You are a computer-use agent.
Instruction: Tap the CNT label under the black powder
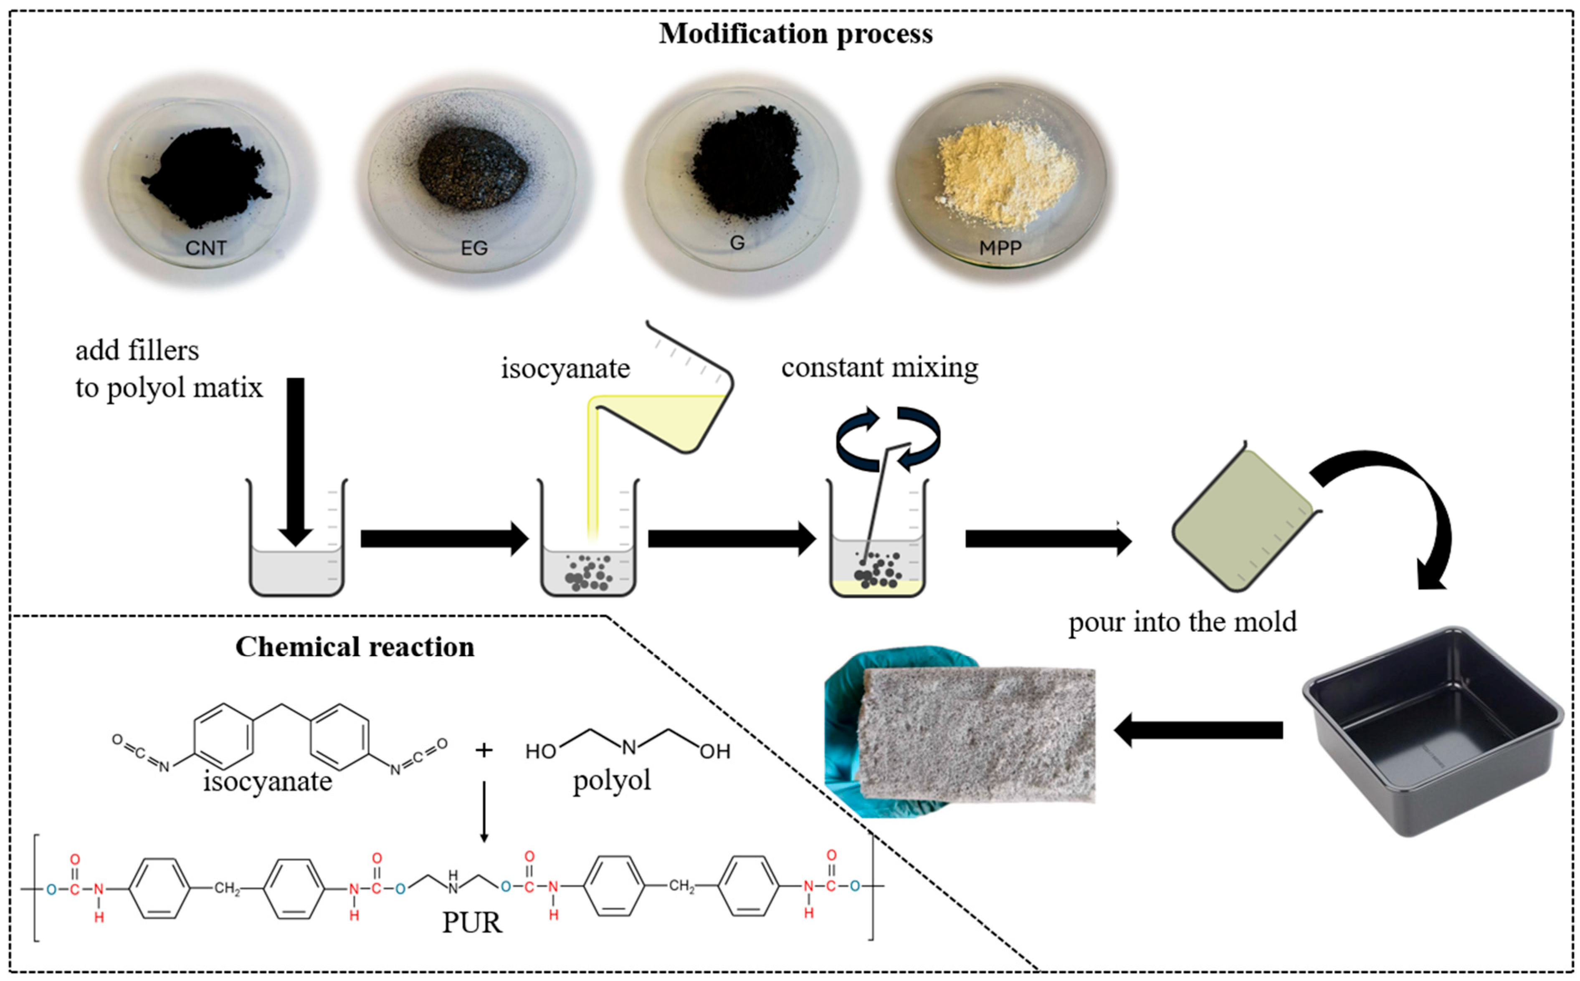206,248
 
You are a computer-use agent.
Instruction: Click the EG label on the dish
474,248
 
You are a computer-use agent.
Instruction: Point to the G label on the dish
737,243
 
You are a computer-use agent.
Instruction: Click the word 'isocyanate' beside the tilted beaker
565,368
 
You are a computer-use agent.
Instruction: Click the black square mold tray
1431,730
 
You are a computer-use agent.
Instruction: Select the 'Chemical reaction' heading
354,647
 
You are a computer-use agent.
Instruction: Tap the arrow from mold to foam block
1198,730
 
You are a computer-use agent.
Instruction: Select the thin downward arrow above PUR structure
484,811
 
